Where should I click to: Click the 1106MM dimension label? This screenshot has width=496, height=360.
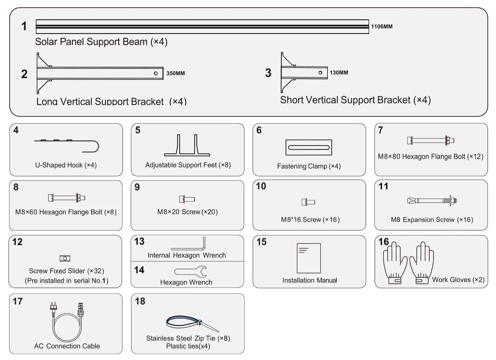click(x=381, y=27)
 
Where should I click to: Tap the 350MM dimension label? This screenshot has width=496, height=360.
click(x=175, y=73)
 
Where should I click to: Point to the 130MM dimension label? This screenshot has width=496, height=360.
click(x=339, y=73)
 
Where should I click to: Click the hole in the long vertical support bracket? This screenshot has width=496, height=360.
click(x=156, y=73)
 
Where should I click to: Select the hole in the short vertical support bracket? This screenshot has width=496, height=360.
click(x=320, y=73)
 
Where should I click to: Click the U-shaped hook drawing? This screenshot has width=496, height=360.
click(x=67, y=145)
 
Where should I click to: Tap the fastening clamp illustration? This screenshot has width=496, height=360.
click(x=309, y=147)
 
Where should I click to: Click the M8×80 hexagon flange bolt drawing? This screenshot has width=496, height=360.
click(x=430, y=140)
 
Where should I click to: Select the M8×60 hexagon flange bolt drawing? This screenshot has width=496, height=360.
click(x=66, y=198)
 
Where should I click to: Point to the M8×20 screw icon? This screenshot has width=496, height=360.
click(x=187, y=199)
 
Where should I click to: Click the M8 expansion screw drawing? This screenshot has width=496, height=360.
click(x=432, y=200)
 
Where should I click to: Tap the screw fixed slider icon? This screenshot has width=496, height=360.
click(x=65, y=258)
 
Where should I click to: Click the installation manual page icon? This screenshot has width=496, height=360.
click(x=309, y=258)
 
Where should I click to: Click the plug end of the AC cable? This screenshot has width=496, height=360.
click(x=54, y=307)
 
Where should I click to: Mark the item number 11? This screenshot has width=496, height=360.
click(x=383, y=186)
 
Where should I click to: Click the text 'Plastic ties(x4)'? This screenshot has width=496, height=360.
click(x=188, y=346)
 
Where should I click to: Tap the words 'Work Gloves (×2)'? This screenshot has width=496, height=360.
click(x=458, y=280)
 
